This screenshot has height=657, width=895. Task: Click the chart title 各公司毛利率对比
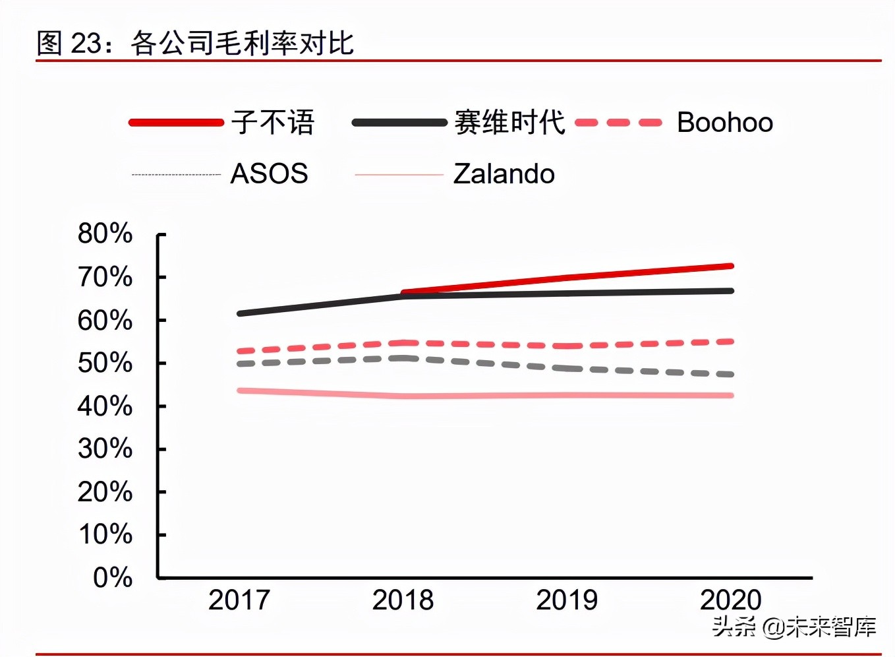tap(242, 44)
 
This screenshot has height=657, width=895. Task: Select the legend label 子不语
tap(273, 123)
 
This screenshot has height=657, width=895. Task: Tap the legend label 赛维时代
tap(509, 123)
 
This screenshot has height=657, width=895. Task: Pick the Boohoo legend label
tap(724, 123)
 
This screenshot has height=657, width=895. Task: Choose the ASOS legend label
tap(269, 174)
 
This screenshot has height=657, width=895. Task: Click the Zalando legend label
tap(504, 174)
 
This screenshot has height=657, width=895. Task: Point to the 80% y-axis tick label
tap(105, 234)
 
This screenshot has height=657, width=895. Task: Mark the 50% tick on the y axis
tap(105, 363)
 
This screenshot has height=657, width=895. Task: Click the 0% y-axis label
tap(113, 577)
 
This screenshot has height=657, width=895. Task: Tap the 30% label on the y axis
tap(105, 449)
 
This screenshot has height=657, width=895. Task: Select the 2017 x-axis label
tap(239, 600)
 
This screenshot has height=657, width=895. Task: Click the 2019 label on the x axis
tap(566, 600)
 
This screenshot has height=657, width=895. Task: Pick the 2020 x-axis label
tap(730, 600)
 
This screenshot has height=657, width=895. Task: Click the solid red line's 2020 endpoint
tap(730, 266)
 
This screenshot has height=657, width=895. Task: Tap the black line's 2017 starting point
tap(240, 313)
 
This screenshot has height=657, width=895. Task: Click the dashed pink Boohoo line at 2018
tap(403, 343)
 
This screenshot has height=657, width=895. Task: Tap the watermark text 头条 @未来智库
tap(794, 626)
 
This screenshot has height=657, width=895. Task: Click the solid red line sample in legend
tap(176, 123)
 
